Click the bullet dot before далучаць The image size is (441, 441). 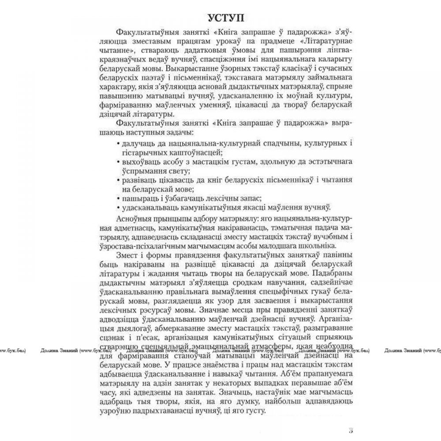click(119, 143)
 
